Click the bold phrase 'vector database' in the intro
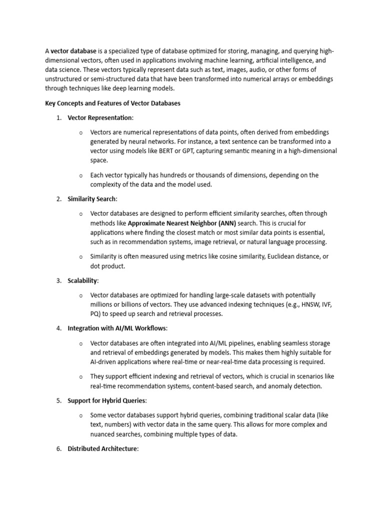[73, 51]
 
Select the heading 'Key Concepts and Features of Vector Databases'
[112, 103]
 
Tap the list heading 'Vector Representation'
[100, 118]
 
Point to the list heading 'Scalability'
[82, 280]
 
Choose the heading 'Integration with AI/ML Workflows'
[117, 328]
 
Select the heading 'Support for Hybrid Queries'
[107, 400]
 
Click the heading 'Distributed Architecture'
[102, 449]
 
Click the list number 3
[58, 280]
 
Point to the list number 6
[58, 449]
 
